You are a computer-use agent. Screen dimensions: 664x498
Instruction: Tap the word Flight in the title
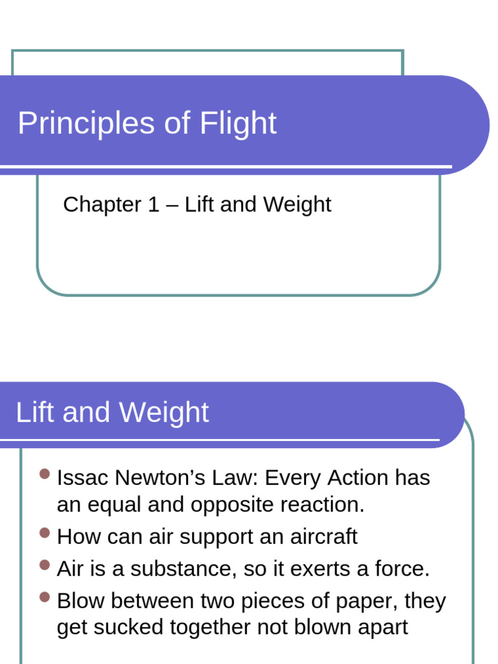click(x=238, y=123)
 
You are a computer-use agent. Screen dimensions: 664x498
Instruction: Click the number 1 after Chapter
click(x=153, y=205)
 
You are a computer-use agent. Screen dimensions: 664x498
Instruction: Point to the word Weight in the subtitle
click(x=297, y=205)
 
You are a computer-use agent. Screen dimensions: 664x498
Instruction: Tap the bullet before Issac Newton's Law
click(x=45, y=475)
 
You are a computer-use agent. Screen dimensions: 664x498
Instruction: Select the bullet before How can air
click(x=45, y=533)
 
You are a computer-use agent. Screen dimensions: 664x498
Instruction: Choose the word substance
click(x=180, y=569)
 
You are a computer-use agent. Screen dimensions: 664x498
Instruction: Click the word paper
click(x=366, y=602)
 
